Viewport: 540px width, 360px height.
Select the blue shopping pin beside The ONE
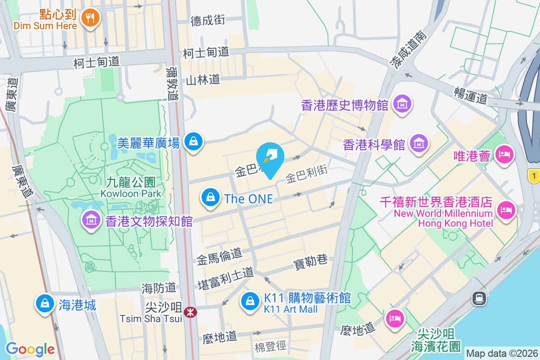(210, 197)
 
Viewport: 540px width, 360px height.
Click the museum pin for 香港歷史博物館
(402, 104)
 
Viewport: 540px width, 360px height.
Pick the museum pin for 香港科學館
(419, 144)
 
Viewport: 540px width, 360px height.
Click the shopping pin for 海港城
(45, 304)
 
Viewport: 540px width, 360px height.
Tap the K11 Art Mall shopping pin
(250, 301)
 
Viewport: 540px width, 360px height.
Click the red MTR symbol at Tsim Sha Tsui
(190, 312)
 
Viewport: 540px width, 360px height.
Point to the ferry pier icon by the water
(478, 297)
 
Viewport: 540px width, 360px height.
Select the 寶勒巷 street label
(310, 262)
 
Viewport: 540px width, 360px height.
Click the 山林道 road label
(203, 80)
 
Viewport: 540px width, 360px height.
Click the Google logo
(30, 349)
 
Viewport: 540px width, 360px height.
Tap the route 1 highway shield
(534, 176)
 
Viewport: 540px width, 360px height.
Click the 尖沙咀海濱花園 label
(436, 340)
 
